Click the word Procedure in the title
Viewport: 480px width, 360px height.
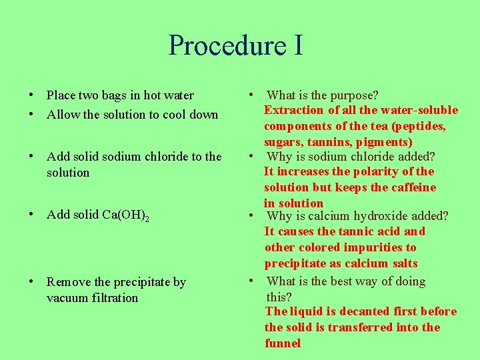(217, 45)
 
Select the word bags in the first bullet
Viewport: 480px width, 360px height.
(119, 95)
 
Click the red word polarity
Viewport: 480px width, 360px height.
(378, 171)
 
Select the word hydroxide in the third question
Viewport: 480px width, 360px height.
(385, 216)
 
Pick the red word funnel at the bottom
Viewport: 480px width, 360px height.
(283, 343)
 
